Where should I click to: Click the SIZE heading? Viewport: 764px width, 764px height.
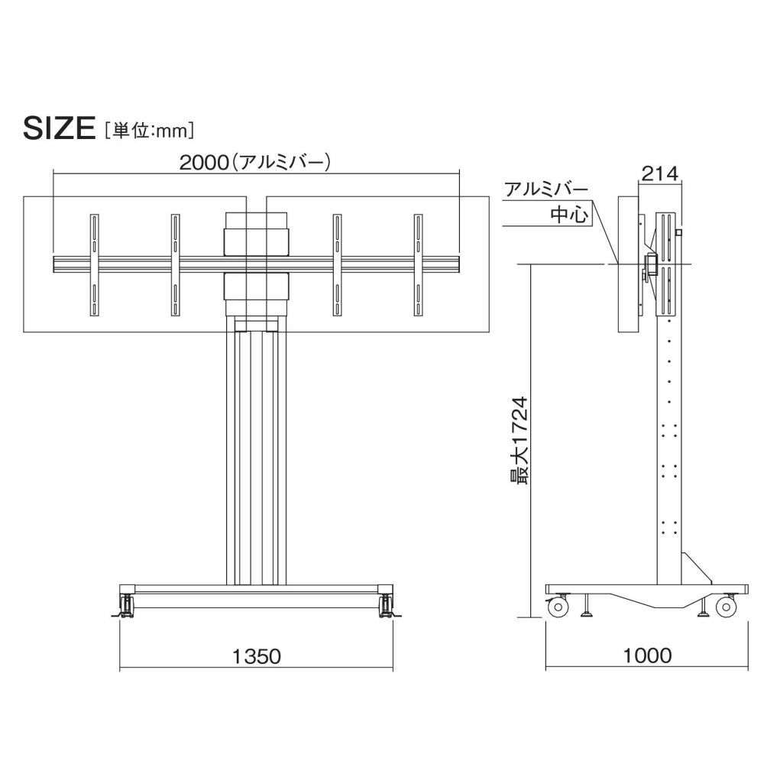[59, 128]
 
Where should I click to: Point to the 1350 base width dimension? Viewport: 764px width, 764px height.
[256, 656]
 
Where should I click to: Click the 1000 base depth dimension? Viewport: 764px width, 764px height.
[648, 656]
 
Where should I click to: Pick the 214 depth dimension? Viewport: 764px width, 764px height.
[659, 173]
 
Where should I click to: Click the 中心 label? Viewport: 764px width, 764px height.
[569, 215]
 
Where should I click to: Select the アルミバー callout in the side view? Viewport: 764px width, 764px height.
[546, 189]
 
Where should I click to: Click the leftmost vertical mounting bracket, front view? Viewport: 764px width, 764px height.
[94, 264]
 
